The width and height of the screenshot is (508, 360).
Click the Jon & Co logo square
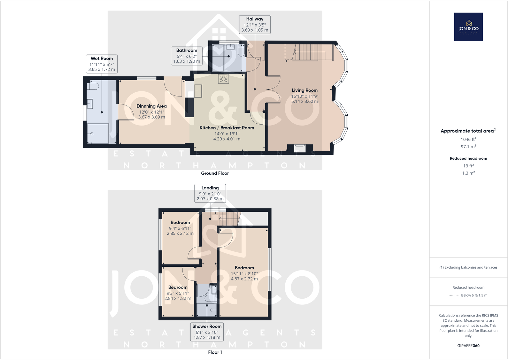click(x=468, y=27)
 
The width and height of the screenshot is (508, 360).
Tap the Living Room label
click(x=304, y=96)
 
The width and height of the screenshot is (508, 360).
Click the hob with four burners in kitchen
click(x=224, y=79)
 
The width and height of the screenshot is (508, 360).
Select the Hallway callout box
click(x=255, y=25)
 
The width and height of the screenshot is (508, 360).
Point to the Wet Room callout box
click(x=102, y=64)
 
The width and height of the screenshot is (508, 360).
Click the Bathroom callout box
click(x=187, y=56)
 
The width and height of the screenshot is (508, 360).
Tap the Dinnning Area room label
click(x=151, y=111)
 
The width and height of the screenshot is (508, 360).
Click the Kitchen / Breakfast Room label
click(x=227, y=133)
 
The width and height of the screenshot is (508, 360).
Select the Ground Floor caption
click(x=215, y=173)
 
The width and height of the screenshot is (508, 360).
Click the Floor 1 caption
click(x=215, y=352)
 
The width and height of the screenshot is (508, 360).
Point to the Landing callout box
click(x=210, y=193)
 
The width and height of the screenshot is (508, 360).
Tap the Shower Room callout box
click(x=207, y=332)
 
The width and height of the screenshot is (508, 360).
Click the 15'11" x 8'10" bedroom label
click(x=244, y=273)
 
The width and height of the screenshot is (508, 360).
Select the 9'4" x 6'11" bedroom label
click(x=180, y=228)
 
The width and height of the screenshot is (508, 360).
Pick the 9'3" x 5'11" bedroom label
click(x=178, y=293)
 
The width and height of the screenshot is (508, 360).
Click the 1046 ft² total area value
click(x=468, y=139)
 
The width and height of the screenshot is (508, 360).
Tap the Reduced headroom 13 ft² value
click(x=468, y=166)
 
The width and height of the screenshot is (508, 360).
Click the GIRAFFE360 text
click(x=468, y=346)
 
